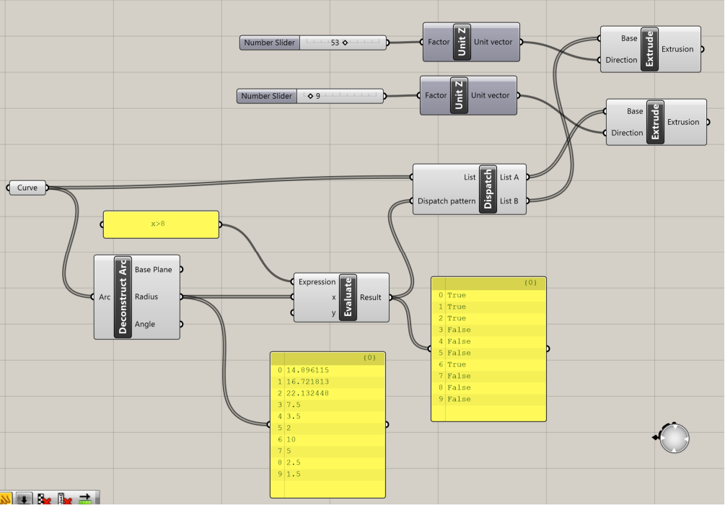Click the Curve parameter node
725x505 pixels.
pyautogui.click(x=27, y=188)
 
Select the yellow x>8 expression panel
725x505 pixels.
pyautogui.click(x=161, y=225)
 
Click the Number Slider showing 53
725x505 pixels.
pyautogui.click(x=313, y=43)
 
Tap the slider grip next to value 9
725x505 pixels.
pyautogui.click(x=310, y=96)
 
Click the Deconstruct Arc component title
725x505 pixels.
pyautogui.click(x=123, y=297)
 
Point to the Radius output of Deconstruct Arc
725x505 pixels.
pyautogui.click(x=146, y=297)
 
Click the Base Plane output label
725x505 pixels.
pyautogui.click(x=153, y=270)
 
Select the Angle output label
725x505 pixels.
pyautogui.click(x=145, y=324)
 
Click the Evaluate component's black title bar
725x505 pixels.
pyautogui.click(x=348, y=297)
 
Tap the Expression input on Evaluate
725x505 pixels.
pyautogui.click(x=317, y=281)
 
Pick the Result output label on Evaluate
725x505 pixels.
pyautogui.click(x=370, y=297)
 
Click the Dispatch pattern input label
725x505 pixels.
pyautogui.click(x=447, y=201)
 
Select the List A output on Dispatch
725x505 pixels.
pyautogui.click(x=509, y=177)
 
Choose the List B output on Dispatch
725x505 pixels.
pyautogui.click(x=509, y=201)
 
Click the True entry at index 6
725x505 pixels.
pyautogui.click(x=457, y=364)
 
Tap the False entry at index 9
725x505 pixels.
pyautogui.click(x=459, y=399)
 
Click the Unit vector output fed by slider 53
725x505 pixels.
pyautogui.click(x=493, y=42)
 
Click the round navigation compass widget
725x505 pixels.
pyautogui.click(x=675, y=439)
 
